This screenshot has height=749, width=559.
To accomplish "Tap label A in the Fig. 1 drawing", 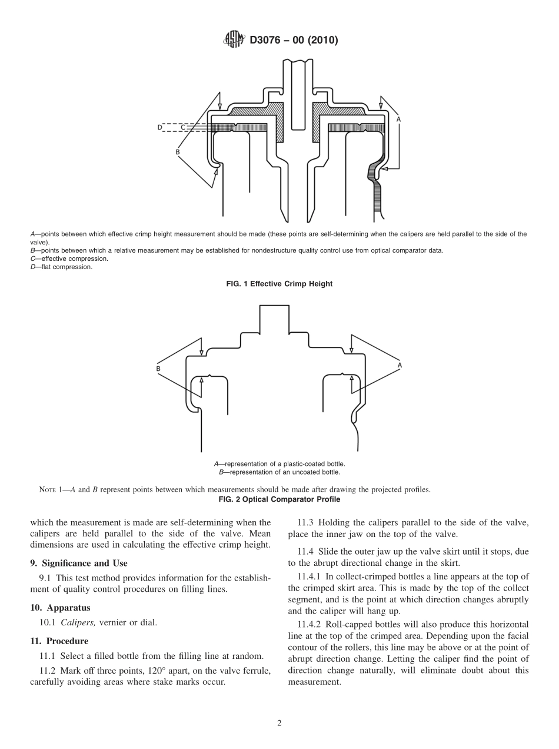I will tap(399, 119).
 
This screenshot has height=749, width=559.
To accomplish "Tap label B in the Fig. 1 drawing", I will tap(177, 152).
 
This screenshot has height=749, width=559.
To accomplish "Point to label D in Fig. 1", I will tap(159, 127).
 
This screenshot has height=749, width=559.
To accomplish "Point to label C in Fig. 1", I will tap(182, 127).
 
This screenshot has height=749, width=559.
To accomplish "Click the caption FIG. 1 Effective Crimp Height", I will tap(279, 284).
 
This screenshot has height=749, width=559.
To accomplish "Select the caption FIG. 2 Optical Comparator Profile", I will tap(279, 499).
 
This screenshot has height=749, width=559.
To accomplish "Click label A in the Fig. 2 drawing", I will tap(400, 365).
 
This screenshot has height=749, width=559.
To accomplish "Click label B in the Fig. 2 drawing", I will tap(158, 369).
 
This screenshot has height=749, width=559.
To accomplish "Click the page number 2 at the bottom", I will tap(279, 724).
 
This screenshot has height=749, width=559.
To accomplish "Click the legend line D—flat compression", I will tap(61, 267).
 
